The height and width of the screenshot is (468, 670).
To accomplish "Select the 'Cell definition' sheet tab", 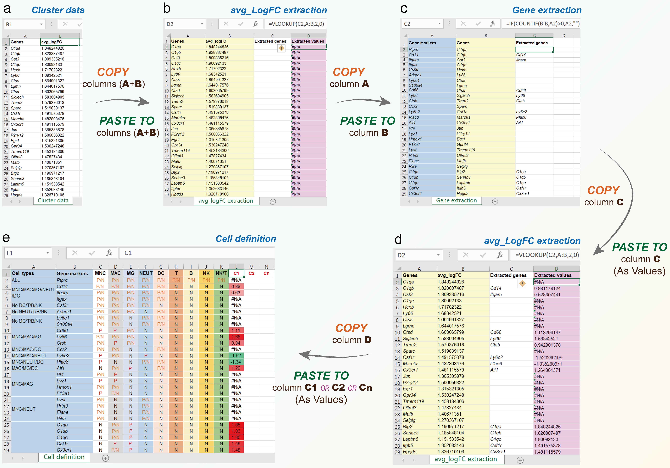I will coord(64,457).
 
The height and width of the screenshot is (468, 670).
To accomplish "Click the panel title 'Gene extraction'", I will coord(547,10).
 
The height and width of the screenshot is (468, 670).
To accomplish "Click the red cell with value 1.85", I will coord(236,425).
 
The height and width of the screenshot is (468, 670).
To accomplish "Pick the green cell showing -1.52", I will coord(236,356).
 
